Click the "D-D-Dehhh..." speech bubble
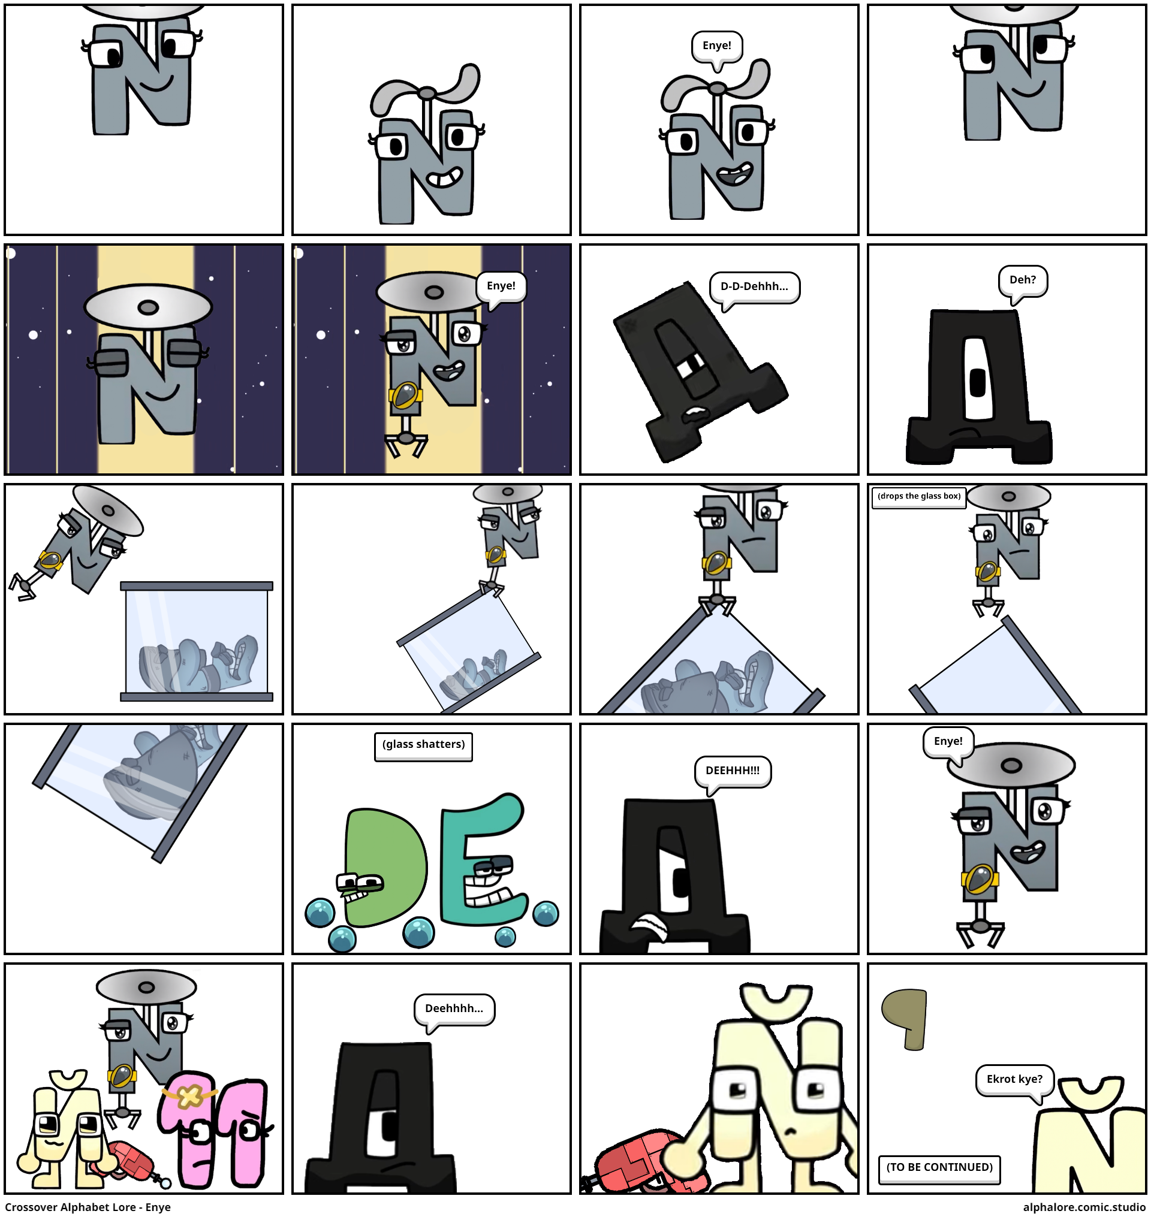click(x=754, y=288)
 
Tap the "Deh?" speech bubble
click(x=1023, y=281)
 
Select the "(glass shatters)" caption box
click(x=424, y=746)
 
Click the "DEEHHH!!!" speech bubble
click(x=733, y=772)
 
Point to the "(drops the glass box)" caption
click(x=918, y=497)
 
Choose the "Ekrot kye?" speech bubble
click(x=1015, y=1081)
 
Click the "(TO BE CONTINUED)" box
click(x=939, y=1169)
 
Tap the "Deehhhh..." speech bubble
click(x=454, y=1010)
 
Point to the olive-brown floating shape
click(x=905, y=1018)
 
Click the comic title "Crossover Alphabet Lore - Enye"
click(x=88, y=1207)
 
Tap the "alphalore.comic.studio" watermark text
click(x=1084, y=1207)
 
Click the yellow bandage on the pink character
click(x=189, y=1096)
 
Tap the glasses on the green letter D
click(x=360, y=883)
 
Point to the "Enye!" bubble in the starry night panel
click(x=501, y=287)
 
